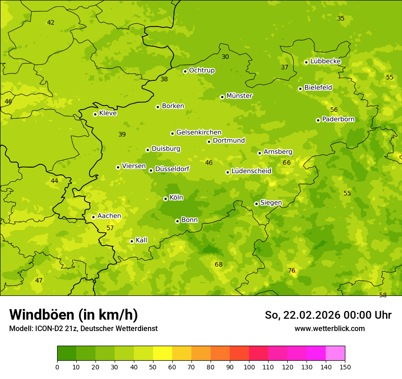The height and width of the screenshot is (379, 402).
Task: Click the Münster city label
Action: point(239,96)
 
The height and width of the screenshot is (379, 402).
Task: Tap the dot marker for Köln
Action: point(165,199)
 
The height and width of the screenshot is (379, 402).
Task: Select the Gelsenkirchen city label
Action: point(199,132)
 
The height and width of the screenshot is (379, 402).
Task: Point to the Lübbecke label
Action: point(325,61)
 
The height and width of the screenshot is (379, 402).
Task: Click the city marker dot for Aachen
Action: point(93,217)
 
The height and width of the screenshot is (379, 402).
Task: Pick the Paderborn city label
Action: point(338,119)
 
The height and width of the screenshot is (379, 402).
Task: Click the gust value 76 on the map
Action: point(291,270)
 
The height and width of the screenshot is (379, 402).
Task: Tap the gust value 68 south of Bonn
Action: point(219,264)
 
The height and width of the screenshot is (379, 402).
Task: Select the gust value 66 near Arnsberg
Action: point(286,163)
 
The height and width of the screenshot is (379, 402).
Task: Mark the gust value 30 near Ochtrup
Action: point(225,57)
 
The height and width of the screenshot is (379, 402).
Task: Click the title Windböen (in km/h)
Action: point(74,315)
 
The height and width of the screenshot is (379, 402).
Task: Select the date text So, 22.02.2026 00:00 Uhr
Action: point(328,315)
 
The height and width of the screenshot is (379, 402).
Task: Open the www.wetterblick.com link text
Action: point(329,329)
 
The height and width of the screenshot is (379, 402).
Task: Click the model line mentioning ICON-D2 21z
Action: point(83,329)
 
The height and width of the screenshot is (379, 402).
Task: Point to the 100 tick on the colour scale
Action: point(249,367)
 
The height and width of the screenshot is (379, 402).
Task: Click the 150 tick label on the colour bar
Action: point(345,367)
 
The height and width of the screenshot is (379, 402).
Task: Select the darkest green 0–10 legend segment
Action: point(67,353)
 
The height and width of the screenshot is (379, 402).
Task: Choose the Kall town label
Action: point(142,240)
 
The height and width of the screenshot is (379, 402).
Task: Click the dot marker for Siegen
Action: point(256,204)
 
